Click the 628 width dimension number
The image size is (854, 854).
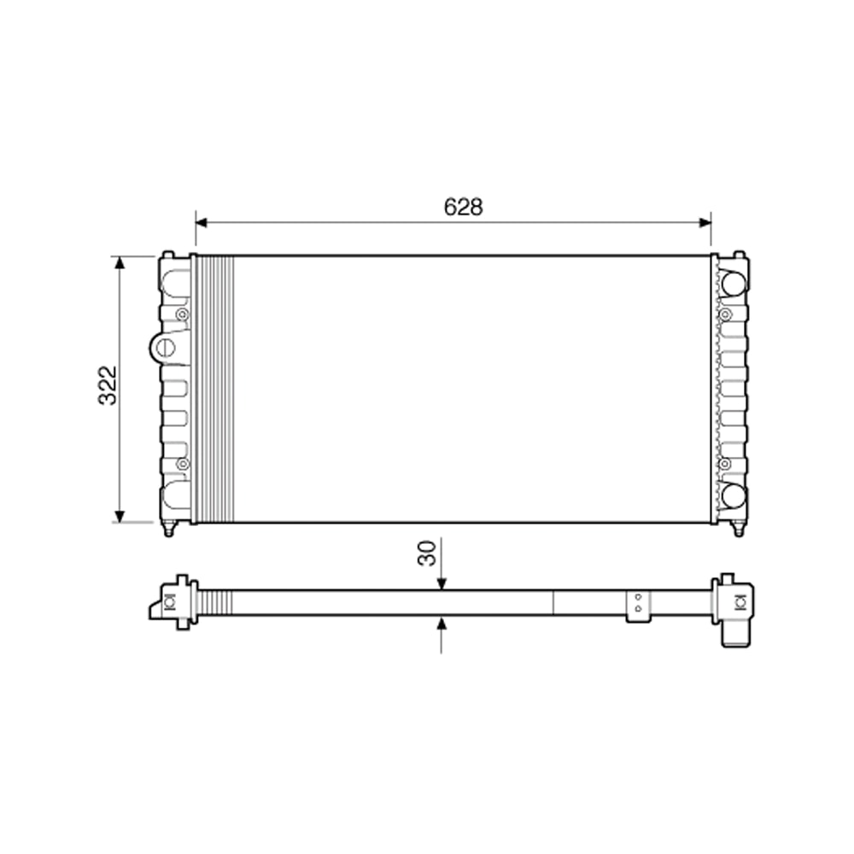pyautogui.click(x=463, y=207)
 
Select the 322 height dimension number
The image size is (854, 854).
pyautogui.click(x=108, y=386)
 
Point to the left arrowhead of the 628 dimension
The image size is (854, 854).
pyautogui.click(x=202, y=222)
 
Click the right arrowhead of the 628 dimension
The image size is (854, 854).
pyautogui.click(x=705, y=222)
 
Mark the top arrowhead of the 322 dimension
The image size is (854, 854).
pyautogui.click(x=120, y=262)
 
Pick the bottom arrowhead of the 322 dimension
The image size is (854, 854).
pyautogui.click(x=120, y=515)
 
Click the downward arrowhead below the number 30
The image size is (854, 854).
pyautogui.click(x=441, y=583)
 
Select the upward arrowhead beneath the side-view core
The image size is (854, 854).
pyautogui.click(x=441, y=623)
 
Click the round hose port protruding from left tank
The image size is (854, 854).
pyautogui.click(x=163, y=348)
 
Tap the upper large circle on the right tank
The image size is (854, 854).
pyautogui.click(x=732, y=282)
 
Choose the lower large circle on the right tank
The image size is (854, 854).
pyautogui.click(x=732, y=494)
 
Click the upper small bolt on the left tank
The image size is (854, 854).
pyautogui.click(x=181, y=316)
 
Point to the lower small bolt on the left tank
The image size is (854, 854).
pyautogui.click(x=181, y=464)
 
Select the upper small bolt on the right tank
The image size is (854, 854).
pyautogui.click(x=725, y=315)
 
